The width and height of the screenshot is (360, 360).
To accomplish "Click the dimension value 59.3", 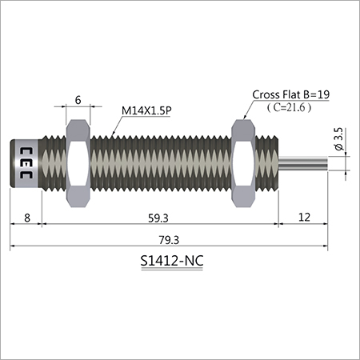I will (x=158, y=215).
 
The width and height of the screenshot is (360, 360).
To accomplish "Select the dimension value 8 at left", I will (x=26, y=215).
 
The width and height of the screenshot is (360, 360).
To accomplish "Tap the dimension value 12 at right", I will (x=305, y=215).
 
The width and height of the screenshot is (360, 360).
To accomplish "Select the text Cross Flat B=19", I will (x=290, y=94).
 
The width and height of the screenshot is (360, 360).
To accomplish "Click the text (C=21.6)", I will (x=290, y=107).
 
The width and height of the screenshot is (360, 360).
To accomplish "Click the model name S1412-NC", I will (x=170, y=261).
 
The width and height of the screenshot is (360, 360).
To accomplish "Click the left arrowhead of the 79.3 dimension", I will (x=13, y=248).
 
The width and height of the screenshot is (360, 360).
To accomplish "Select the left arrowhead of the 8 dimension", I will (x=13, y=226).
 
